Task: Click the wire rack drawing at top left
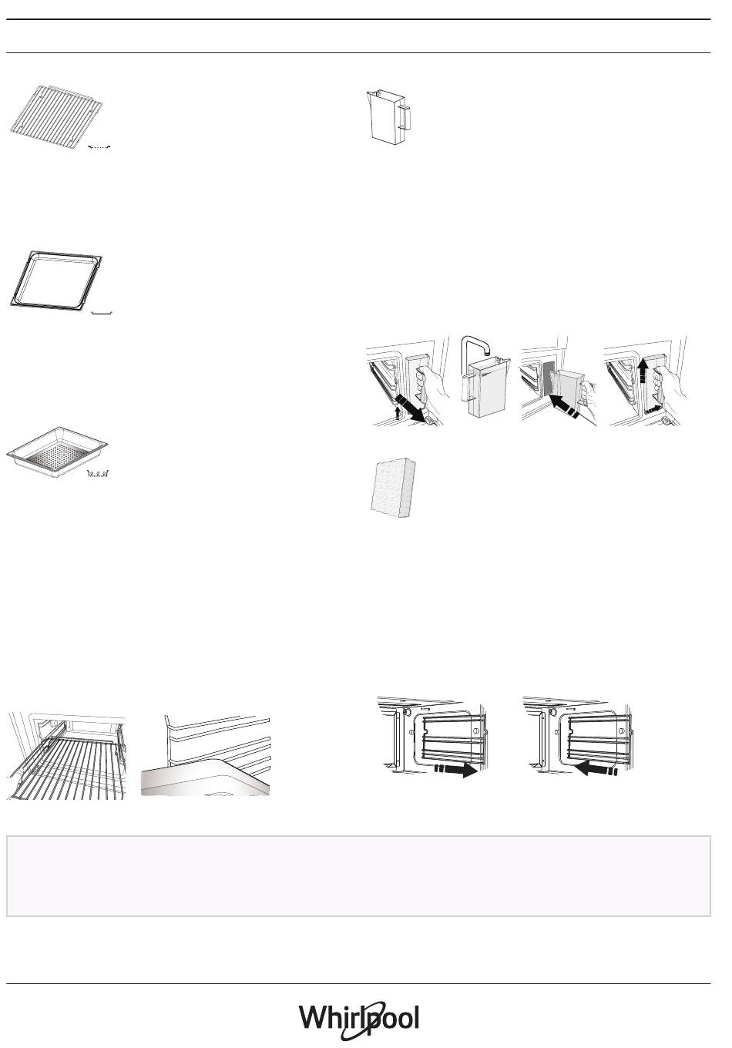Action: click(56, 117)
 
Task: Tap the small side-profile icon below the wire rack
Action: click(99, 147)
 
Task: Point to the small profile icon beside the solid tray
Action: click(102, 312)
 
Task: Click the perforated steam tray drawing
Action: click(57, 452)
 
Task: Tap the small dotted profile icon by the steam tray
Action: click(99, 474)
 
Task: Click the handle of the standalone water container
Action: click(405, 117)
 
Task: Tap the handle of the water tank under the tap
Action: click(465, 387)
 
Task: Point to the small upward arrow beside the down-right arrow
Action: click(398, 411)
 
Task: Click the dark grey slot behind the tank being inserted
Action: click(549, 378)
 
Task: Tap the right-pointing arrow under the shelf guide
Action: click(455, 770)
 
